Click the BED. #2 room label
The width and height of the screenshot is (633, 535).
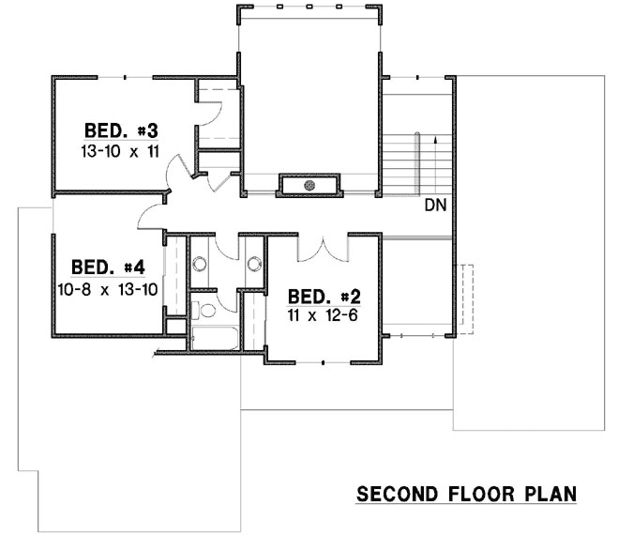[322, 293]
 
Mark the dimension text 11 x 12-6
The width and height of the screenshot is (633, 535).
[322, 314]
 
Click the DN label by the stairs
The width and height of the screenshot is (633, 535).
[434, 205]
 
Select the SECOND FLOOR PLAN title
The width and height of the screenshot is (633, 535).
[466, 494]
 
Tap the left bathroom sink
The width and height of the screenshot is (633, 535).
[199, 264]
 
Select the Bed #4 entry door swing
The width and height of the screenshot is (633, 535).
[150, 218]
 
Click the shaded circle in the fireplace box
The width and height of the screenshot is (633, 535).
[310, 186]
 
